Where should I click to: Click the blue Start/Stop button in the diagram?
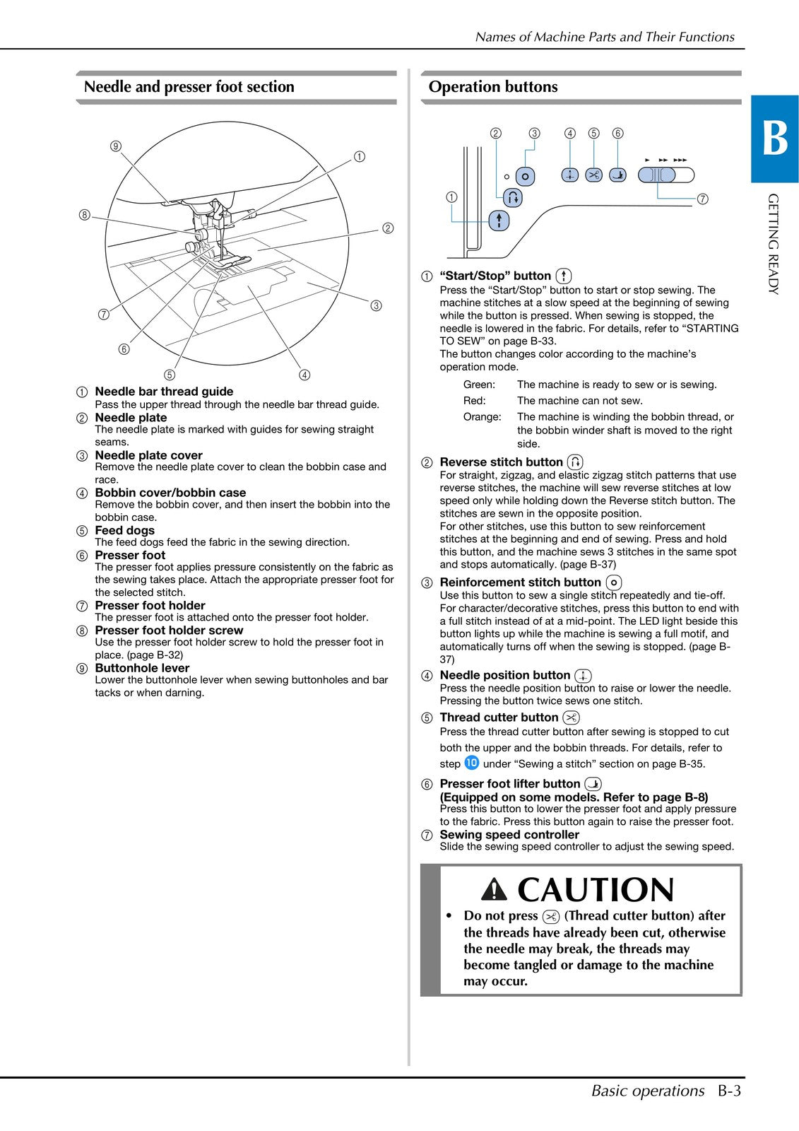[x=499, y=221]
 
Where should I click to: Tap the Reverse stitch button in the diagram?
[x=514, y=197]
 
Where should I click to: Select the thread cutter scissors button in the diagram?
[x=593, y=175]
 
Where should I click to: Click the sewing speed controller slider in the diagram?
[x=658, y=175]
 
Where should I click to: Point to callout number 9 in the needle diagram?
[x=116, y=146]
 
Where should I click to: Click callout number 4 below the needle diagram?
[x=304, y=375]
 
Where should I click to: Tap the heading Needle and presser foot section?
[x=189, y=87]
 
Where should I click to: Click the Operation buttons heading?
[x=492, y=87]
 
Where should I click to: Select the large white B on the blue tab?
[x=774, y=139]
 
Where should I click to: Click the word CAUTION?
[x=596, y=890]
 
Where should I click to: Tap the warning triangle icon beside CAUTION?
[x=494, y=890]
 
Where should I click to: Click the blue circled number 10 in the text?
[x=471, y=763]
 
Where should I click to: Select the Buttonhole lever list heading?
[x=142, y=668]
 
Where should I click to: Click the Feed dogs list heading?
[x=124, y=530]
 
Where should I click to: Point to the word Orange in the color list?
[x=482, y=417]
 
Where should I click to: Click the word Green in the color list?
[x=479, y=385]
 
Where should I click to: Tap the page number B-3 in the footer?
[x=729, y=1091]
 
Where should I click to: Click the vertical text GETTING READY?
[x=774, y=243]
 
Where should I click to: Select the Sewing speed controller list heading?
[x=509, y=834]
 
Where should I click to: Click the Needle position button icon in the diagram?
[x=569, y=175]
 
